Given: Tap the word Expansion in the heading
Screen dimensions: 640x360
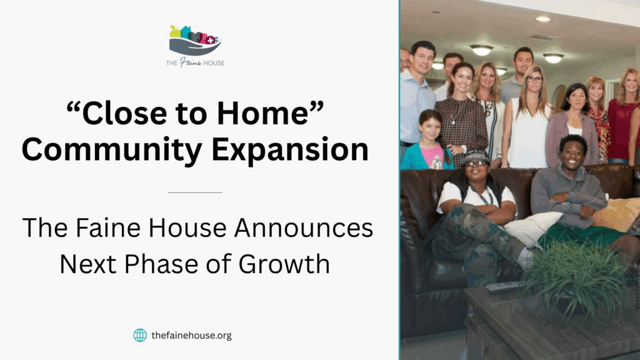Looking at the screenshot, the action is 290,150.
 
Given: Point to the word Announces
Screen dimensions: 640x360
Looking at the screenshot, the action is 304,227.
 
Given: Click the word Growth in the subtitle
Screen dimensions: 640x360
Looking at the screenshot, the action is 284,264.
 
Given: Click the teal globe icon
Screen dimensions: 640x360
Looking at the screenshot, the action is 140,335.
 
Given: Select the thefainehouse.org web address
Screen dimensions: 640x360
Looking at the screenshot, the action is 191,336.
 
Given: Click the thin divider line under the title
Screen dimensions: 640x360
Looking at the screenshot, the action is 195,192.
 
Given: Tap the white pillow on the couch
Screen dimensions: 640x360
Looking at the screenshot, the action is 532,229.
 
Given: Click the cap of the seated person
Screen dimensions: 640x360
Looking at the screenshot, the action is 475,157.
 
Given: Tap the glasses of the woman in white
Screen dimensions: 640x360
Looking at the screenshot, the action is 534,79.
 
